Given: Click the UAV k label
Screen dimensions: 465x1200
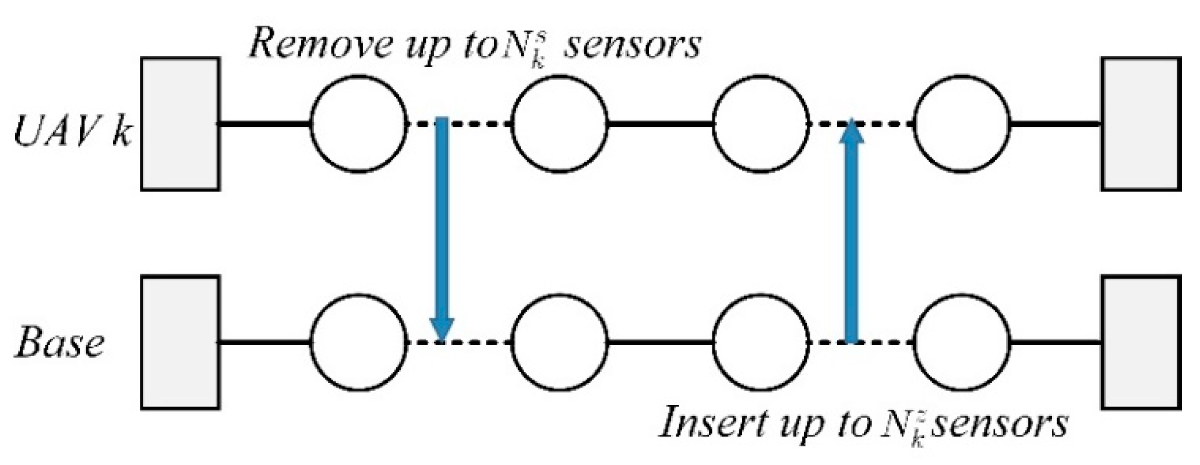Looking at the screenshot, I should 72,133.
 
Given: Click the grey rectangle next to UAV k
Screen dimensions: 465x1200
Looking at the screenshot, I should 180,123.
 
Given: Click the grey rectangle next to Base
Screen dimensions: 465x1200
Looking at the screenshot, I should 180,342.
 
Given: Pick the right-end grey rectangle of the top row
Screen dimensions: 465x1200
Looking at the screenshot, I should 1141,123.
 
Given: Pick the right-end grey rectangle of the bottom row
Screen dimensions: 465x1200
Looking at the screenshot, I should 1141,342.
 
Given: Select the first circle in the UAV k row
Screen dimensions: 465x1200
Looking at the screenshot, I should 358,123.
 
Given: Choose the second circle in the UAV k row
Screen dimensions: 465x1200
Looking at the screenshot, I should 559,123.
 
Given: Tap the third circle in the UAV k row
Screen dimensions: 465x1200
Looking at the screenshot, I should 761,123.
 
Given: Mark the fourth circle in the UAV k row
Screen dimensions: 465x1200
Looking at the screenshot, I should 962,123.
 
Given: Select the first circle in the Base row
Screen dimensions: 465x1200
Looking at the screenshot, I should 358,342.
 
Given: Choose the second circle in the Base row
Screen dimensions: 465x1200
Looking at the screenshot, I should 559,342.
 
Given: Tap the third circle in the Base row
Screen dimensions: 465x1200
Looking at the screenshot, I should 761,342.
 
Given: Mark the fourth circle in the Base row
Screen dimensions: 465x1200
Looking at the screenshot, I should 962,342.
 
